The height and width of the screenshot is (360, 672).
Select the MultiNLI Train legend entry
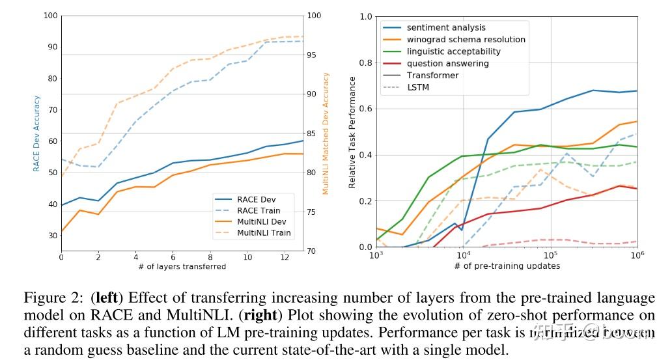(264, 232)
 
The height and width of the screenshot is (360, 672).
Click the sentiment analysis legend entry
(446, 28)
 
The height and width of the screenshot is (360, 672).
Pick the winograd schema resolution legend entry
(466, 40)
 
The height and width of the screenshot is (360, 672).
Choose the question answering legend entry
(447, 64)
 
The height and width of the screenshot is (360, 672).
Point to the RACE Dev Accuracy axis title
(37, 133)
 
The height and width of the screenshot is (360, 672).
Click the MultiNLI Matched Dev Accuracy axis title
(326, 133)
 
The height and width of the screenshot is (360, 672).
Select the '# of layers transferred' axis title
(182, 266)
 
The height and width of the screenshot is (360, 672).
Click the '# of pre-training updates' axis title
(507, 266)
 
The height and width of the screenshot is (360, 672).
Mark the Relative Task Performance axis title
(352, 133)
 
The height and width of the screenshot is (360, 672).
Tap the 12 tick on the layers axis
(285, 257)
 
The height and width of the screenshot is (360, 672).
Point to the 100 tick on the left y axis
(50, 16)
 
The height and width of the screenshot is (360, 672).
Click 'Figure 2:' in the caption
(51, 298)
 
